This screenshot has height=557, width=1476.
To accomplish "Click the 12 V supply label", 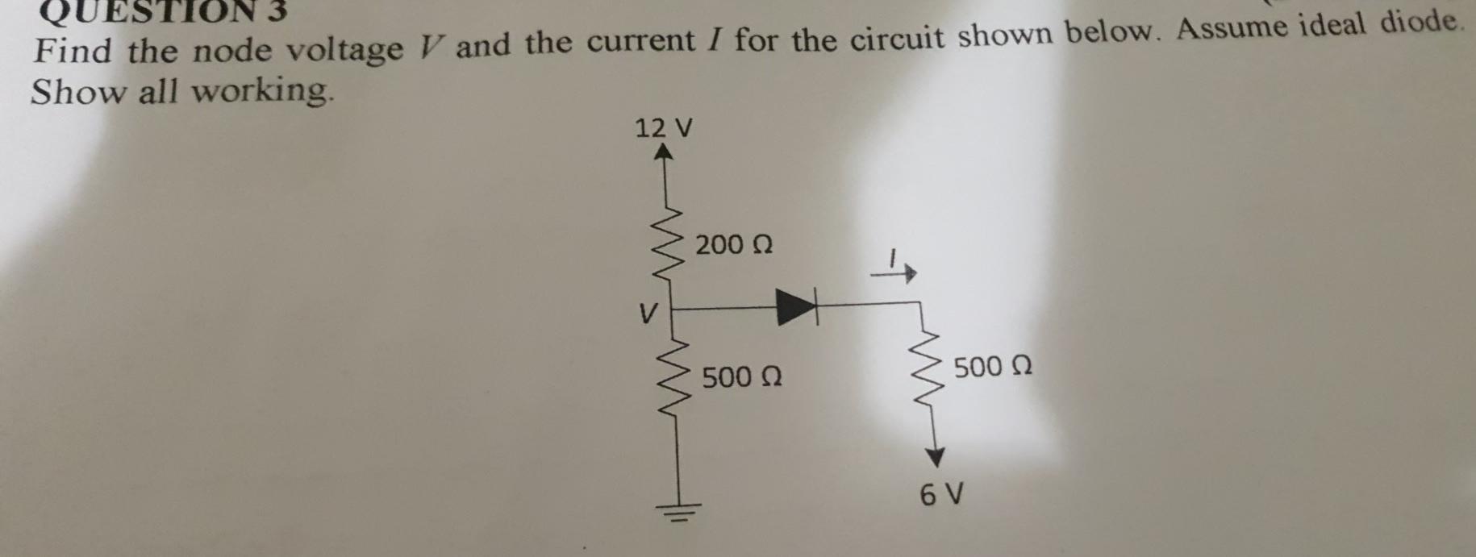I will click(664, 127).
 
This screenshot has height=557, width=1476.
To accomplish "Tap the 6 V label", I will click(942, 493).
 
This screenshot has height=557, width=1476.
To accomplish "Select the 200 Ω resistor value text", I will click(734, 243).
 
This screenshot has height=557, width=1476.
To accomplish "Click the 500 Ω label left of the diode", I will click(741, 376).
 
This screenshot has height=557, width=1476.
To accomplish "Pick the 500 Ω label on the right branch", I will click(993, 367).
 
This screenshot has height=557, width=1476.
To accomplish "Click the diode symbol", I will click(795, 307).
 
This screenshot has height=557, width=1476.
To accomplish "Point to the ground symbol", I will click(678, 508).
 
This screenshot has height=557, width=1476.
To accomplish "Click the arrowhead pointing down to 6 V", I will click(934, 457).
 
